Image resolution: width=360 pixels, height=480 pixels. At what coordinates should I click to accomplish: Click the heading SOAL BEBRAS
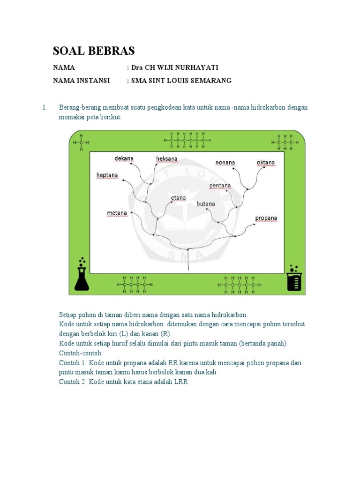(x=94, y=51)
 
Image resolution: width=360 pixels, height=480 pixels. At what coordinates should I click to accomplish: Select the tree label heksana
(x=167, y=159)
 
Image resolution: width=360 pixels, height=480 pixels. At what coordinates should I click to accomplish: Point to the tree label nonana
(x=225, y=163)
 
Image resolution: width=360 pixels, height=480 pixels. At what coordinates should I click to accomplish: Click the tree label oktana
(x=266, y=163)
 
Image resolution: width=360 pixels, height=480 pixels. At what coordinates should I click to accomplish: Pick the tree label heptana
(x=107, y=175)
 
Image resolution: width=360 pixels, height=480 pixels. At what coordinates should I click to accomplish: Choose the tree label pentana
(x=220, y=186)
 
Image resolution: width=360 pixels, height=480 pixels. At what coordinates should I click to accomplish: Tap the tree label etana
(x=178, y=198)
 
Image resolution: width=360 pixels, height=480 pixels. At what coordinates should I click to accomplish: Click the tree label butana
(x=206, y=204)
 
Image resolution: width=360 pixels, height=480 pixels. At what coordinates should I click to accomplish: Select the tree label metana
(x=117, y=213)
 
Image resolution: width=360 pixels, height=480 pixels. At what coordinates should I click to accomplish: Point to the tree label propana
(x=266, y=218)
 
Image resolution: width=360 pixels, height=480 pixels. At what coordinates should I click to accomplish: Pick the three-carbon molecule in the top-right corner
(x=285, y=142)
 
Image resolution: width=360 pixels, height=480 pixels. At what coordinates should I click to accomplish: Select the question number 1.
(x=45, y=108)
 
